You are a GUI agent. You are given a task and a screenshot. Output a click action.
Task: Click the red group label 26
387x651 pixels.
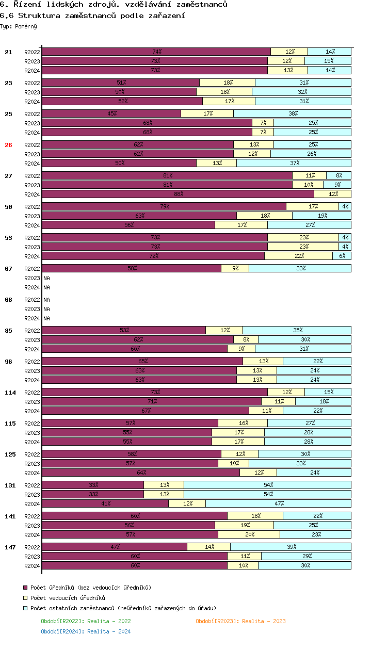pyautogui.click(x=8, y=145)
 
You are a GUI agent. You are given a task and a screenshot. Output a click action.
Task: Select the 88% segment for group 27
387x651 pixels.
pyautogui.click(x=178, y=194)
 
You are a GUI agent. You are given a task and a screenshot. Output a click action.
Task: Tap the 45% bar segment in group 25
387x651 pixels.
pyautogui.click(x=111, y=113)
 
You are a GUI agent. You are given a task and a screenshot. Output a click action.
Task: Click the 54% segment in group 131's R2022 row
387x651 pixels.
pyautogui.click(x=267, y=485)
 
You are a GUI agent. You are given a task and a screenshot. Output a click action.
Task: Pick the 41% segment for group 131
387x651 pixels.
pyautogui.click(x=105, y=503)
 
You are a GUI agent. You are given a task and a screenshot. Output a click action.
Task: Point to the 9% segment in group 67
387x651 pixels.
pyautogui.click(x=235, y=268)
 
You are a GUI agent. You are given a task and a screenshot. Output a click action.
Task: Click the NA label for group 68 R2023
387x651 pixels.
pyautogui.click(x=46, y=309)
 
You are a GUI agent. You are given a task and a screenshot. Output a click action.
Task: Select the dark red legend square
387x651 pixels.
pyautogui.click(x=25, y=588)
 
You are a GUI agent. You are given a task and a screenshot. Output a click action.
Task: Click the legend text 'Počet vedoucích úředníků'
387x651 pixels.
pyautogui.click(x=68, y=598)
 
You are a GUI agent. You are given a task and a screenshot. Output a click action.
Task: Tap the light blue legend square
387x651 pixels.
pyautogui.click(x=25, y=608)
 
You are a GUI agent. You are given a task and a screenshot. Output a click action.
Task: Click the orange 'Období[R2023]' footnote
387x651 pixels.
pyautogui.click(x=240, y=621)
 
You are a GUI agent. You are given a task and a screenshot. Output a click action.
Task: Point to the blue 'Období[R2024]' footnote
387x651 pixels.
pyautogui.click(x=86, y=631)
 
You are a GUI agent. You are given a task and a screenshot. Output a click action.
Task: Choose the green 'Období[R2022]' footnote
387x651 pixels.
pyautogui.click(x=86, y=621)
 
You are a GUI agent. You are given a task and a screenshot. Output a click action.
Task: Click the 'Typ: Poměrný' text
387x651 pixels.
pyautogui.click(x=19, y=26)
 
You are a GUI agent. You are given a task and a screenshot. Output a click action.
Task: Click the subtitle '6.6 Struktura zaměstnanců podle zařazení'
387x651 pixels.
pyautogui.click(x=93, y=15)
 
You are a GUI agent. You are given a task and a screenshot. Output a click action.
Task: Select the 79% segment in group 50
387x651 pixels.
pyautogui.click(x=164, y=206)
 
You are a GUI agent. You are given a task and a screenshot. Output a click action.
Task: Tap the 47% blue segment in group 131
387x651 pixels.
pyautogui.click(x=278, y=503)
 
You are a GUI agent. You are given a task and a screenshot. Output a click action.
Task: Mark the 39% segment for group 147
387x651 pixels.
pyautogui.click(x=291, y=547)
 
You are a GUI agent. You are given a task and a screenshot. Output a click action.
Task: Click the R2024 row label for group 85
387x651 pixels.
pyautogui.click(x=32, y=349)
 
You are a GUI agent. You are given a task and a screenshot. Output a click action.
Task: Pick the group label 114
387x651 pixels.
pyautogui.click(x=10, y=393)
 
